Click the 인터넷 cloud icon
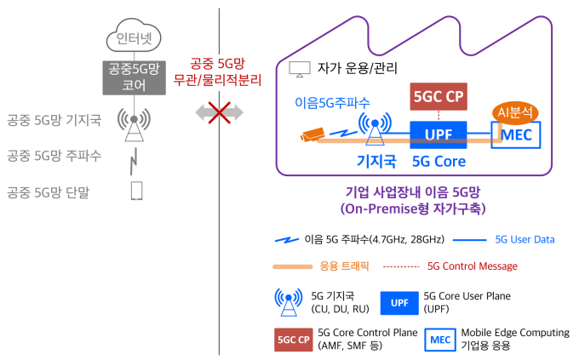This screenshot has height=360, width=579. (134, 36)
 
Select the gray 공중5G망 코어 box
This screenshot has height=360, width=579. (134, 78)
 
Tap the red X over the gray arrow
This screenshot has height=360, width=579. (220, 112)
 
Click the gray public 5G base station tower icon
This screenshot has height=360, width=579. (134, 124)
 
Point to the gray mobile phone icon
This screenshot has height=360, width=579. (136, 191)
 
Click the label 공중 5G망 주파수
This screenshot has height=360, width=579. (54, 156)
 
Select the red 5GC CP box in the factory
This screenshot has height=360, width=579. (439, 96)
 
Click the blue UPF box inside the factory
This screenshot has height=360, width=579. (439, 134)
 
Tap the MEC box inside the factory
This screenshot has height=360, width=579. (516, 135)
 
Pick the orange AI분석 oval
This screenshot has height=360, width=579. (515, 112)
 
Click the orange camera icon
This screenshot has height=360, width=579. (312, 134)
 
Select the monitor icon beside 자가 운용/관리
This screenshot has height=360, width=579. (300, 70)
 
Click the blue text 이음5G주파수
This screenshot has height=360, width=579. (332, 102)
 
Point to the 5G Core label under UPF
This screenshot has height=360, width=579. (439, 162)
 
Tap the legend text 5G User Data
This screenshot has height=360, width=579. (525, 240)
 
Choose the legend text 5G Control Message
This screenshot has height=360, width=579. (473, 266)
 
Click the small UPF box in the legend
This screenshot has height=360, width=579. (399, 303)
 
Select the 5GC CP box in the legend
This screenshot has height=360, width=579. (294, 340)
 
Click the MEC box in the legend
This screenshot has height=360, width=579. (440, 340)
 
